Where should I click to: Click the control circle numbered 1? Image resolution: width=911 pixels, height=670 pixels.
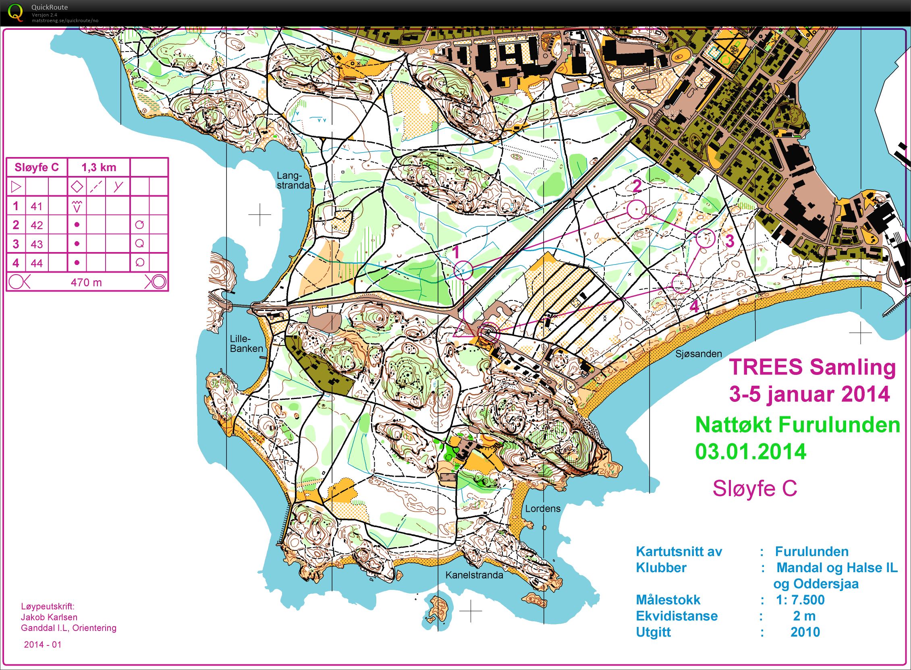(463, 270)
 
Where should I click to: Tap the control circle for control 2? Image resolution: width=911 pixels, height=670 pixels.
(636, 210)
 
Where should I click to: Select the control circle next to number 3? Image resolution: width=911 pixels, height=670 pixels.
(705, 238)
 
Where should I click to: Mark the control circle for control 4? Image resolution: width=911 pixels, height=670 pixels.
(681, 283)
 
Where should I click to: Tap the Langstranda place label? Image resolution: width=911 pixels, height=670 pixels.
(293, 180)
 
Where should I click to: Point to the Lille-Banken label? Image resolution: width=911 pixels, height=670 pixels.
(246, 343)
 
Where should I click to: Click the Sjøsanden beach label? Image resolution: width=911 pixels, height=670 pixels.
(698, 354)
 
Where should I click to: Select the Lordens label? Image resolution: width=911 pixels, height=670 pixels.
(543, 509)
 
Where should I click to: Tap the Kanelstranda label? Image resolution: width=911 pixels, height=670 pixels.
(474, 575)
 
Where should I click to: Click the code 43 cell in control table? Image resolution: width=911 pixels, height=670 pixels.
(37, 244)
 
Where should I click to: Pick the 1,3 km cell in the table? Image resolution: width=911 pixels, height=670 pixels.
(99, 167)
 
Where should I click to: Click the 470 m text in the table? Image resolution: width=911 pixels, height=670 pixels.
(86, 282)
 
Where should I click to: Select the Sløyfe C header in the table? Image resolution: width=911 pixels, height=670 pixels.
(37, 167)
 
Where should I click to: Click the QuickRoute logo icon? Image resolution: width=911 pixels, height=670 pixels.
(15, 12)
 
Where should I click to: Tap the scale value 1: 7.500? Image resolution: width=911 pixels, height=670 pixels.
(800, 600)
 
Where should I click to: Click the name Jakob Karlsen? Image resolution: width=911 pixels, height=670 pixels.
(49, 617)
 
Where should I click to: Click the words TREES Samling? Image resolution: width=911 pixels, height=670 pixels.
(812, 367)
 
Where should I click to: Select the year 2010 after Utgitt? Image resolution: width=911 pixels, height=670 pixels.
(805, 632)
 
